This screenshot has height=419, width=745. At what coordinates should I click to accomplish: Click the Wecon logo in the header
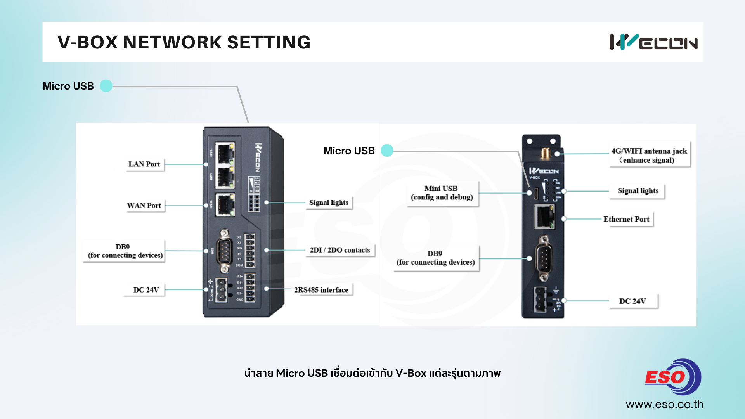tap(653, 42)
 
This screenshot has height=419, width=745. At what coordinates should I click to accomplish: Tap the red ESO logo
tap(672, 377)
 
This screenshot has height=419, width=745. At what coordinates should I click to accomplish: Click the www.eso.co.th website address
tap(664, 404)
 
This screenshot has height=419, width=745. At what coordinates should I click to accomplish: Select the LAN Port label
tap(144, 164)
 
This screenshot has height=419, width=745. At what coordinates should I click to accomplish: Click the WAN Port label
tap(144, 206)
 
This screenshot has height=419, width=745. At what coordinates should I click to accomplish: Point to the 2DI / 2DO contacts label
tap(340, 250)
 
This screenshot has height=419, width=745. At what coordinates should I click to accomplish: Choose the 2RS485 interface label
tap(321, 290)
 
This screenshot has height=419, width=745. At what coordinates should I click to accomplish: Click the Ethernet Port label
tap(626, 219)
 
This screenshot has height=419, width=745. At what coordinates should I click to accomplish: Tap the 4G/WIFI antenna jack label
tap(649, 155)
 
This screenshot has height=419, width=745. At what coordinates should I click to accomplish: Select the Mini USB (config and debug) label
tap(442, 193)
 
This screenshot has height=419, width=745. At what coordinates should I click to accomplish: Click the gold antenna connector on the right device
tap(545, 153)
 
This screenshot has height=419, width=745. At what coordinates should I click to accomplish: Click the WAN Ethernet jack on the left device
tap(225, 204)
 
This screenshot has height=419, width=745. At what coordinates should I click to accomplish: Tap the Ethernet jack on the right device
tap(544, 217)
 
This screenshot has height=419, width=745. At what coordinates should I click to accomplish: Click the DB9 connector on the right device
tap(544, 258)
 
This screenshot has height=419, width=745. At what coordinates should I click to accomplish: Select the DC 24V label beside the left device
tap(146, 290)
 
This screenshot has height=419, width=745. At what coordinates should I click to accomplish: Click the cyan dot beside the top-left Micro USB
tap(106, 86)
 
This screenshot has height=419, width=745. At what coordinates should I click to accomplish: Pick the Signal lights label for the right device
tap(638, 191)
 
